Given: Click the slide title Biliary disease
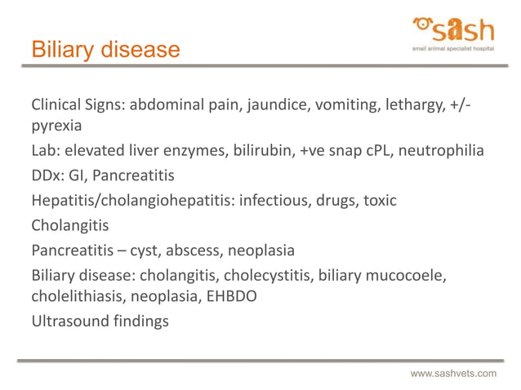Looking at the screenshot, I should pos(105,50).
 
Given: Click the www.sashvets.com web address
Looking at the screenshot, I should pos(452,373).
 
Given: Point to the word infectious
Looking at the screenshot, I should pos(274,200).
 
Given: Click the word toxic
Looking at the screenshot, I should pos(379,200).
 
